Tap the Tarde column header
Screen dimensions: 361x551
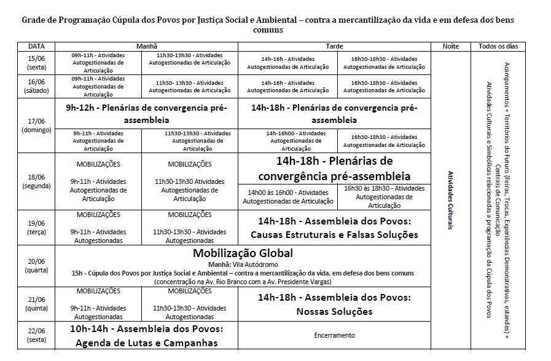point(334,47)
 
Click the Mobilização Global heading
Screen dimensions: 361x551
point(243,253)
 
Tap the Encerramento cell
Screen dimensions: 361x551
point(334,335)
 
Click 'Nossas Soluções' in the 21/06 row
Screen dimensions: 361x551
point(334,312)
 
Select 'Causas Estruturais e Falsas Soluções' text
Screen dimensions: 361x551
point(334,235)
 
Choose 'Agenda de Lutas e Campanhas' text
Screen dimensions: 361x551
point(146,343)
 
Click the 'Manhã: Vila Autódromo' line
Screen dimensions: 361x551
point(243,264)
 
